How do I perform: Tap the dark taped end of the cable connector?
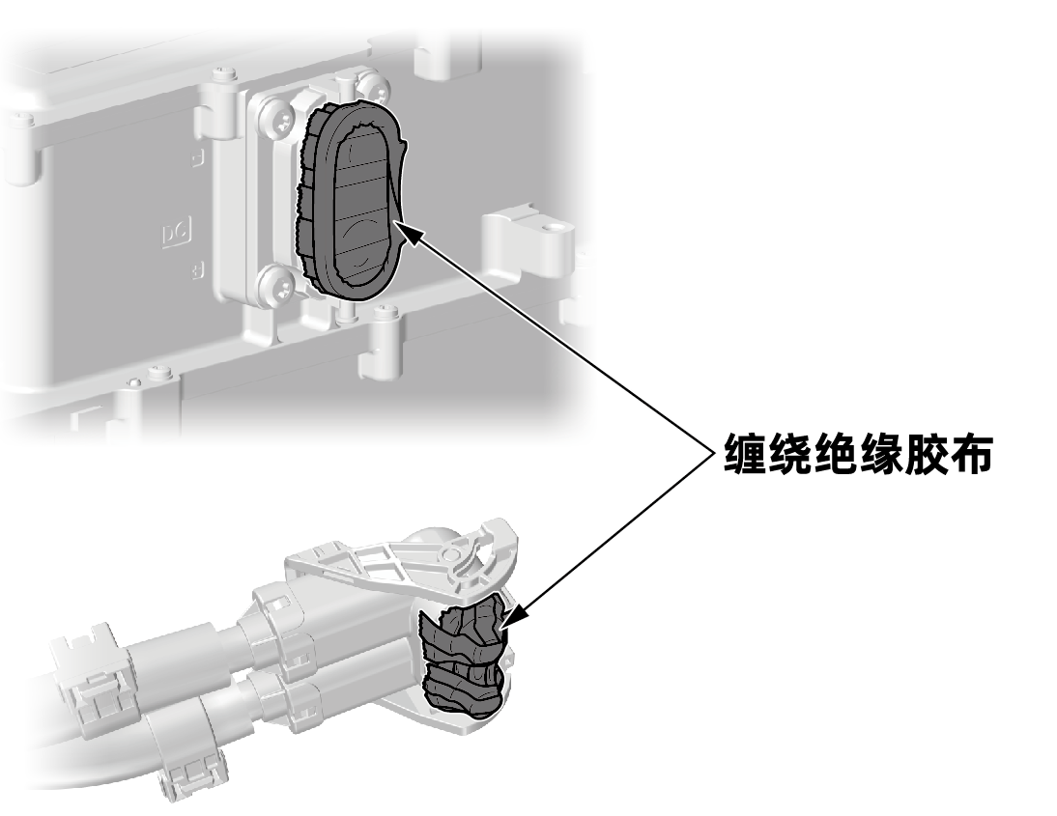463,662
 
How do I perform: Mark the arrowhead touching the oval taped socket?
410,231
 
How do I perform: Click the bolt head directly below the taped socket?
386,313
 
